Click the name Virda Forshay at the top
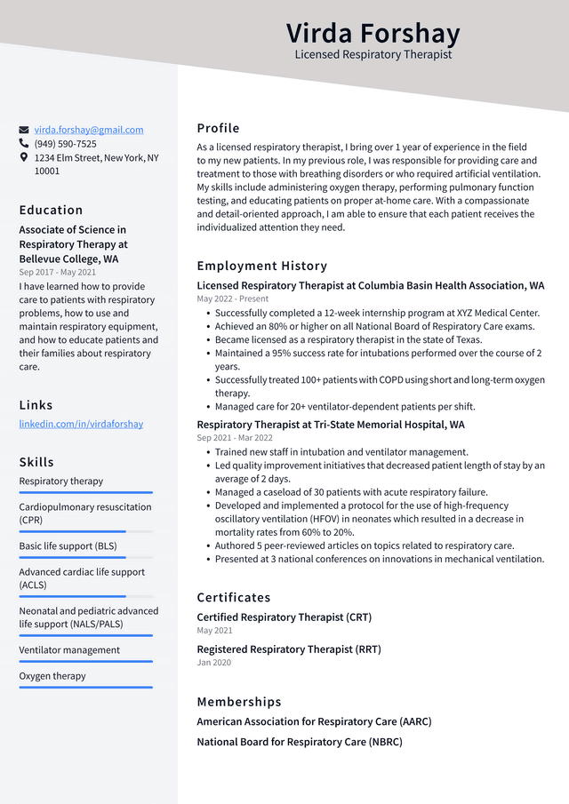tap(373, 33)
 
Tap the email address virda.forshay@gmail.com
tap(89, 130)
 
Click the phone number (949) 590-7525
tap(66, 144)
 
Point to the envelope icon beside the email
tap(24, 130)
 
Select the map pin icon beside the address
tap(24, 157)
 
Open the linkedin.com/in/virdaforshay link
tap(81, 424)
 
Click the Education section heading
tap(51, 211)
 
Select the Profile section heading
tap(218, 128)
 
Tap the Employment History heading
tap(261, 266)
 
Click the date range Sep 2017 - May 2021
tap(57, 273)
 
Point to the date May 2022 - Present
tap(232, 299)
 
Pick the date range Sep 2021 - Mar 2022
tap(235, 438)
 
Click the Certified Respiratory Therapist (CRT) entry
tap(284, 617)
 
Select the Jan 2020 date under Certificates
tap(213, 663)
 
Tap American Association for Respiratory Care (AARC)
tap(314, 722)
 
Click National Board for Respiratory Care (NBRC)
tap(299, 742)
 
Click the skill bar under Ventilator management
tap(85, 661)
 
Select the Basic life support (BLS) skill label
tap(68, 546)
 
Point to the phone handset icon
tap(24, 144)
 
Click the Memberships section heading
tap(238, 702)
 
